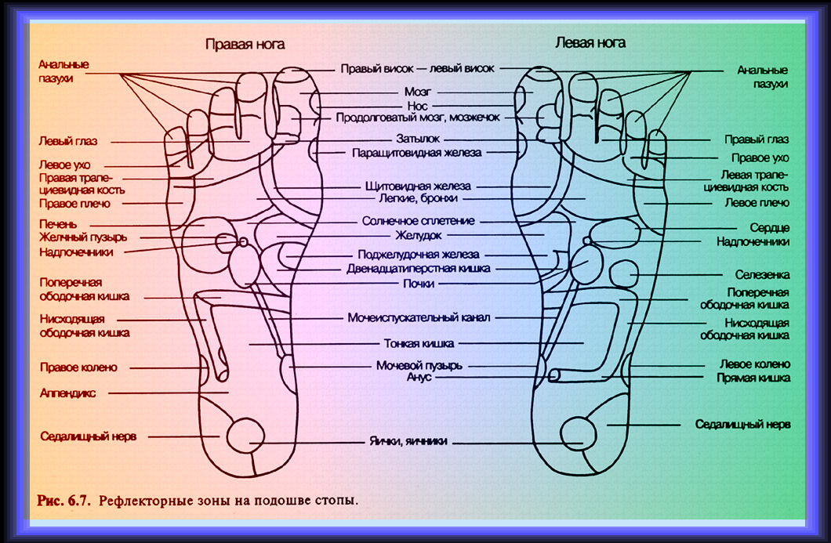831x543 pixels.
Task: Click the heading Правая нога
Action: [245, 45]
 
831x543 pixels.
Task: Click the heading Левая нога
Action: [590, 42]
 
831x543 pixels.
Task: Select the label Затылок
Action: [418, 139]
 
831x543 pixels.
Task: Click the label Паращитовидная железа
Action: [416, 153]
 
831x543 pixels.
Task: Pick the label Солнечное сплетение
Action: [418, 221]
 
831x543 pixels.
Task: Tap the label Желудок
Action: [418, 235]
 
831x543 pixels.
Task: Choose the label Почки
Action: [418, 284]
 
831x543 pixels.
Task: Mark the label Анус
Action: [419, 377]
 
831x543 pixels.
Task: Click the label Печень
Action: [58, 223]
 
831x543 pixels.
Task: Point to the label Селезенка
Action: [762, 275]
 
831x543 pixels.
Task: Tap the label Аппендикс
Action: [68, 393]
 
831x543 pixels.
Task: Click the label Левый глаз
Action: [66, 141]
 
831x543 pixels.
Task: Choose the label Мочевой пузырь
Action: [419, 365]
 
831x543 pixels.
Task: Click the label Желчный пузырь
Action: [83, 237]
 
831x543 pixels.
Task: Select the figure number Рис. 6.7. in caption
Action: [64, 499]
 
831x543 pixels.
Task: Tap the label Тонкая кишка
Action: [419, 343]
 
